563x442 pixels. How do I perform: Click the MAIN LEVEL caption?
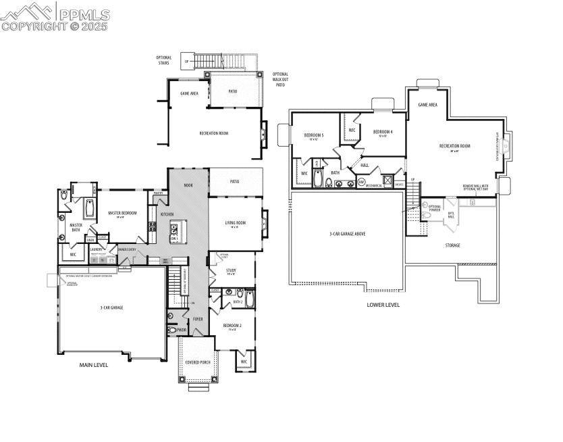click(94, 365)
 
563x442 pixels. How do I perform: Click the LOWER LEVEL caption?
click(383, 305)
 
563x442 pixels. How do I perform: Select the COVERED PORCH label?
click(198, 362)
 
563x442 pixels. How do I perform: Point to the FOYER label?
click(198, 319)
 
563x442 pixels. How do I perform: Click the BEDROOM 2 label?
click(232, 327)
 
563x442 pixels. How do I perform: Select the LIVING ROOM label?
click(235, 223)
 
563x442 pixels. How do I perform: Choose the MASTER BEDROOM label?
click(123, 214)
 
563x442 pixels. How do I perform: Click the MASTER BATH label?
click(76, 228)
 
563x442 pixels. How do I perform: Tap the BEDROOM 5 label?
click(314, 136)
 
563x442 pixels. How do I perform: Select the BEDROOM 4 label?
click(383, 132)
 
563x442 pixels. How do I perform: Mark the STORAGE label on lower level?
click(452, 245)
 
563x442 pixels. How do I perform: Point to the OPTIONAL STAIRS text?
click(164, 60)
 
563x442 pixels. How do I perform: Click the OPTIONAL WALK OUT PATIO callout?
click(280, 80)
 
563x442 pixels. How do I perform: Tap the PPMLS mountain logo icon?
click(26, 11)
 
